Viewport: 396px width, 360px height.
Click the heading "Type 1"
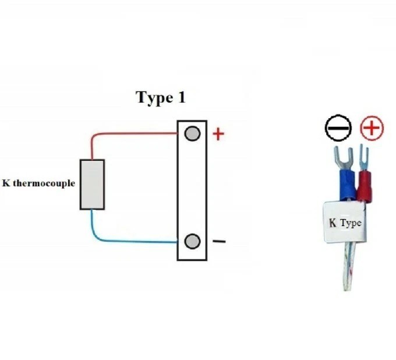[161, 97]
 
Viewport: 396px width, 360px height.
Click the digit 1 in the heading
[181, 97]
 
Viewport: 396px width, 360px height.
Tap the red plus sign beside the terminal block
[218, 135]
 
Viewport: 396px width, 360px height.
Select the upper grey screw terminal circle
[192, 134]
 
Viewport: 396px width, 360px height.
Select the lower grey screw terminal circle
[192, 241]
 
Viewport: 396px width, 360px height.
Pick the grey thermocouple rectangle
[92, 184]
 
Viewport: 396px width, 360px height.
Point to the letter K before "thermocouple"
[6, 183]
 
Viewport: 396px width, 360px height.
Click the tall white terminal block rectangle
[192, 189]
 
